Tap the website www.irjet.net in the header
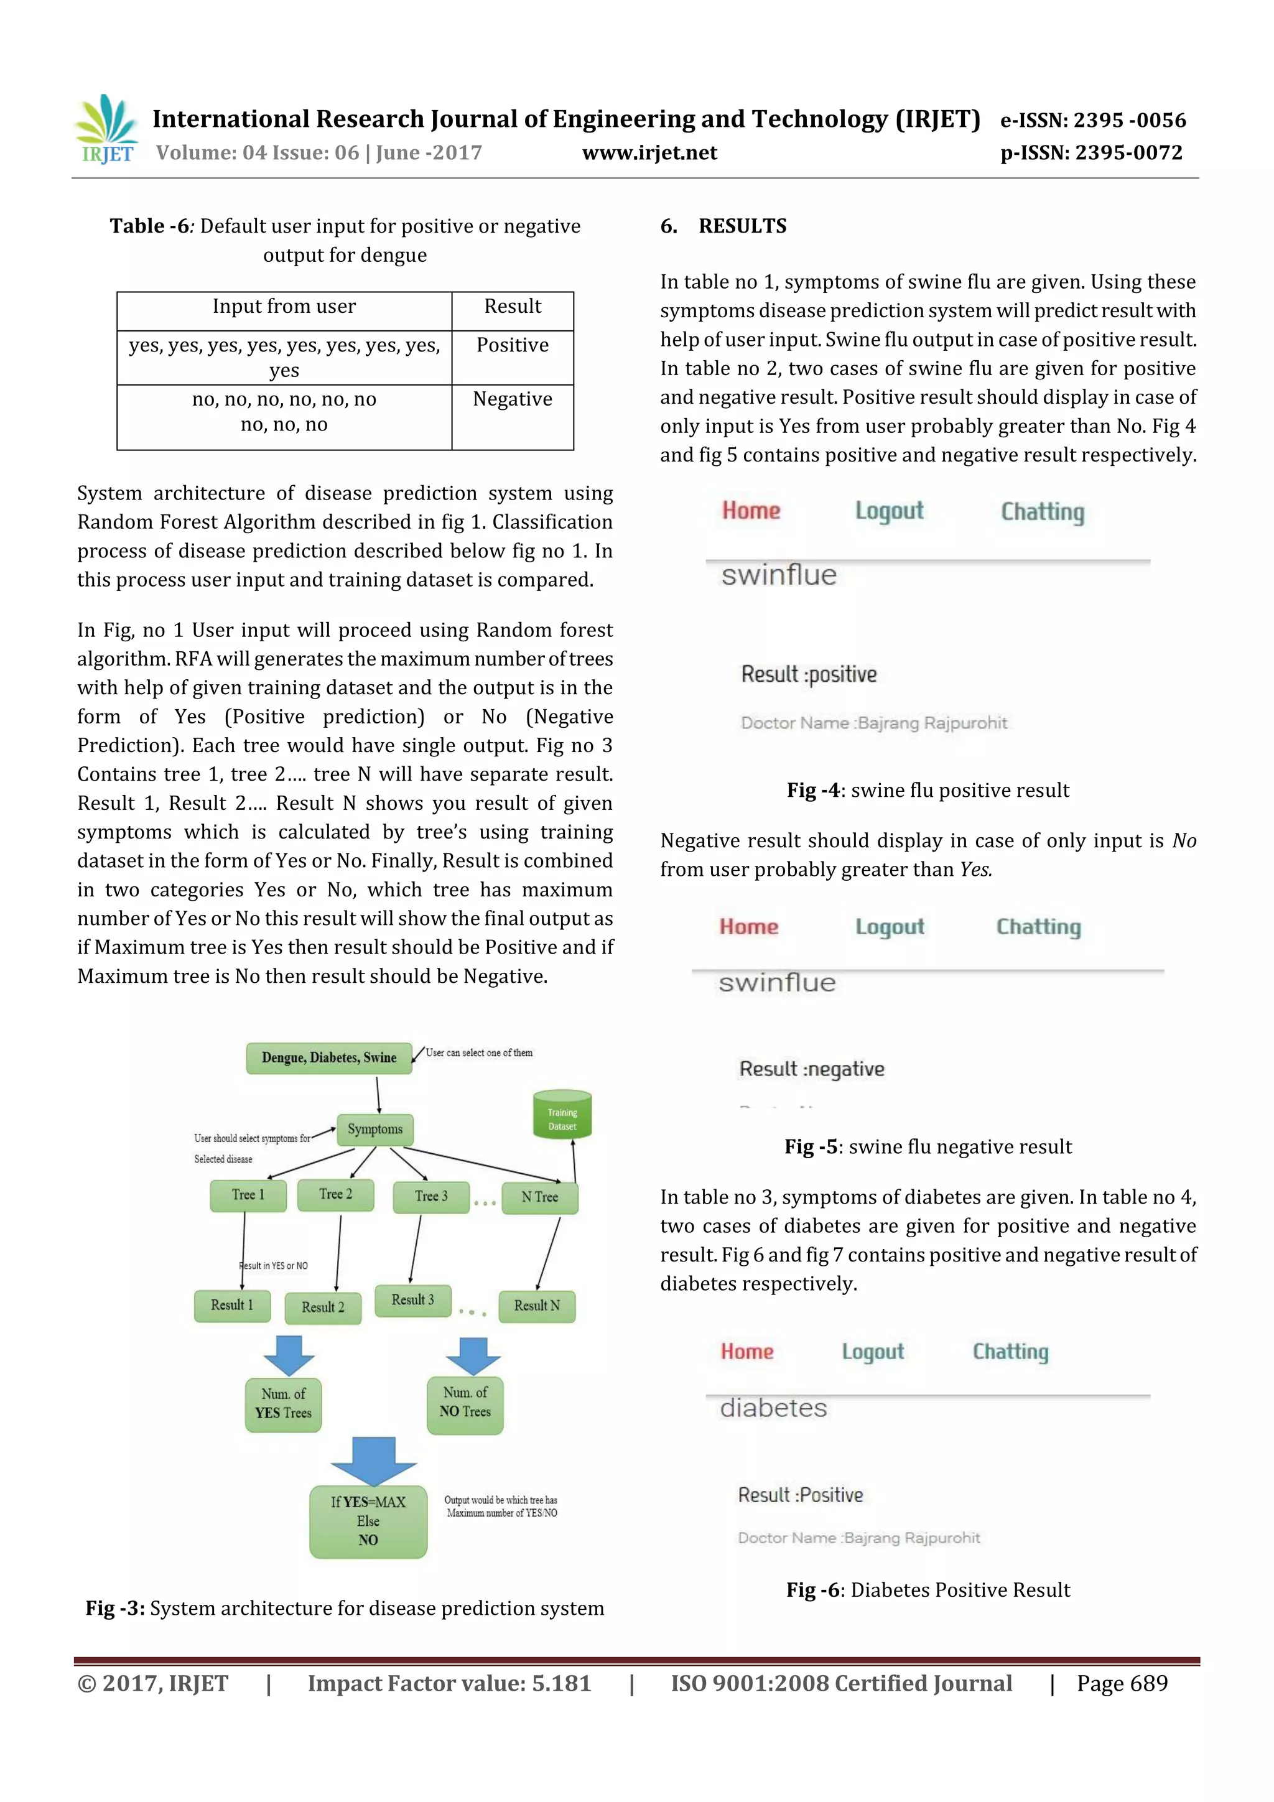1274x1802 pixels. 649,152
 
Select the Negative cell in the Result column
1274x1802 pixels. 512,399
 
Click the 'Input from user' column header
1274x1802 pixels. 284,306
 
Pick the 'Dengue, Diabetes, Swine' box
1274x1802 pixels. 329,1057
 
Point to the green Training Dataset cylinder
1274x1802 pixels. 562,1115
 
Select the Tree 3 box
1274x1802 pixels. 431,1196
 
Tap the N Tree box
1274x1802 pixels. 539,1197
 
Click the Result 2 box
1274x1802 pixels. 323,1307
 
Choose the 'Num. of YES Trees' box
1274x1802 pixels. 284,1403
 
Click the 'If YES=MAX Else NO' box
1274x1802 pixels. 368,1520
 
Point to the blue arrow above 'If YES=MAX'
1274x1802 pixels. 373,1461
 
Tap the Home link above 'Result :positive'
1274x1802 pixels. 750,511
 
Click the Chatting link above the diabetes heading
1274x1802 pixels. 1010,1352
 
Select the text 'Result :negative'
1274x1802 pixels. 812,1069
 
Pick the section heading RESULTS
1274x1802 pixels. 742,226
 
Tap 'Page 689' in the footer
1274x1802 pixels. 1122,1683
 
